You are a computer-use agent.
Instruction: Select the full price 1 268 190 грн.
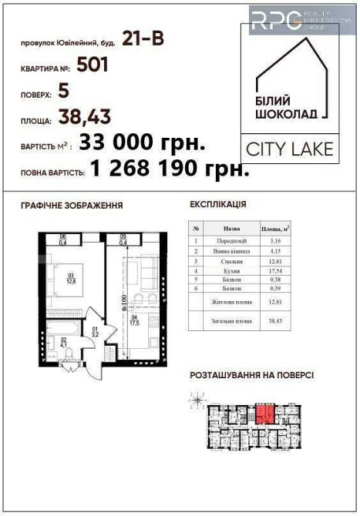(x=170, y=169)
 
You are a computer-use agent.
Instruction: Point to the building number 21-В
(x=143, y=36)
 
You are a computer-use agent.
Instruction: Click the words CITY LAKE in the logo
(x=289, y=148)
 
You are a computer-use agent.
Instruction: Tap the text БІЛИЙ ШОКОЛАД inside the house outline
(x=285, y=106)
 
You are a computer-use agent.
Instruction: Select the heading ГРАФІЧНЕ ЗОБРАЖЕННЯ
(x=72, y=206)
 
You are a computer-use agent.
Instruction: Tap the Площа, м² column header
(x=274, y=230)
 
